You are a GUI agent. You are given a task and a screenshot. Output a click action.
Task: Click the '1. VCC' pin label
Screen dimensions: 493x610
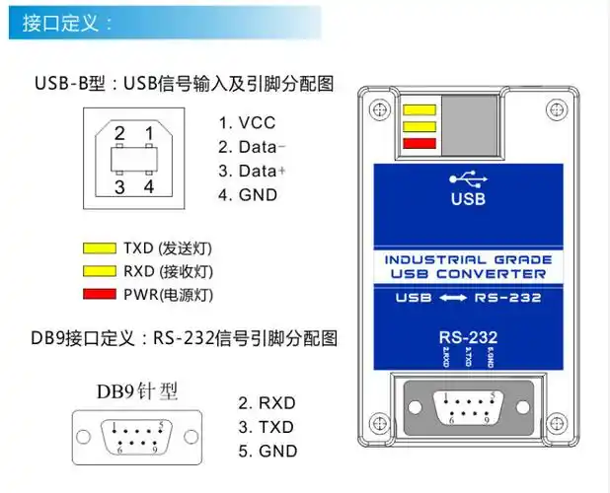click(x=247, y=123)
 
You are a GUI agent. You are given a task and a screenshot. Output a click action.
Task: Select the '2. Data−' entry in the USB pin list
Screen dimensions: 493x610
click(x=254, y=147)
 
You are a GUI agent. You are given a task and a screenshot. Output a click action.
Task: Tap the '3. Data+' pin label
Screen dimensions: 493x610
click(x=254, y=171)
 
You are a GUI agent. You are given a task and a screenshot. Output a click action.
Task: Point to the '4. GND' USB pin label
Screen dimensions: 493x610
click(x=248, y=194)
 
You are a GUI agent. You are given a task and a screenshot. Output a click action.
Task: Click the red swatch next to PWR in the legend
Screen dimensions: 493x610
click(x=99, y=294)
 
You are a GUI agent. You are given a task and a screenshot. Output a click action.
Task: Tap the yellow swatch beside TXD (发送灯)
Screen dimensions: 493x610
click(x=99, y=246)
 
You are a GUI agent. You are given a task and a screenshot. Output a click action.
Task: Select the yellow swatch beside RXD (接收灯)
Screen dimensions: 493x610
click(x=99, y=270)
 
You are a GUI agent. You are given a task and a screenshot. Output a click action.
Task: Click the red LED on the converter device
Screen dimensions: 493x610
click(x=419, y=145)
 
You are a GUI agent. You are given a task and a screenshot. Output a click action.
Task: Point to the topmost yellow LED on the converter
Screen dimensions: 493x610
click(x=419, y=109)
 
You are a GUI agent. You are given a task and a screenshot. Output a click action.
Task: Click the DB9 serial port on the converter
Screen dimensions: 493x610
click(x=468, y=406)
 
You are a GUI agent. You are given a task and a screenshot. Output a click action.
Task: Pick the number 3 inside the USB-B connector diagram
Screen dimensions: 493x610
click(x=118, y=185)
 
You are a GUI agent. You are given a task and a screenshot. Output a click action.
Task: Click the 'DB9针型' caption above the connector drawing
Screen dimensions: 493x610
click(x=137, y=391)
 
